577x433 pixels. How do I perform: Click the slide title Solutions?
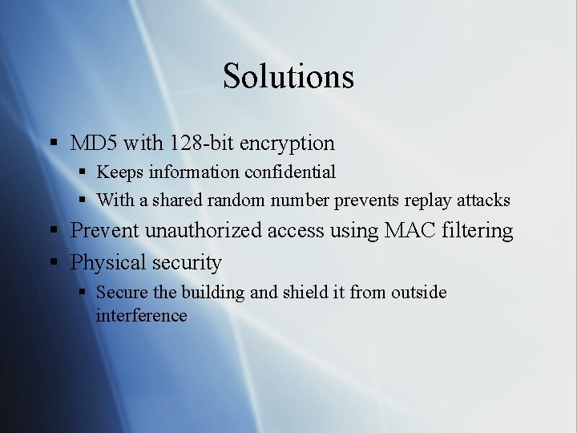click(288, 76)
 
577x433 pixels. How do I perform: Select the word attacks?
click(483, 200)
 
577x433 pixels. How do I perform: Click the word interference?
click(141, 315)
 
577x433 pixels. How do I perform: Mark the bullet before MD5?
click(54, 144)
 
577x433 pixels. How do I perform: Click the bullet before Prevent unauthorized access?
click(54, 231)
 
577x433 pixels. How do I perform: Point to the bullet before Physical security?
click(54, 263)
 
